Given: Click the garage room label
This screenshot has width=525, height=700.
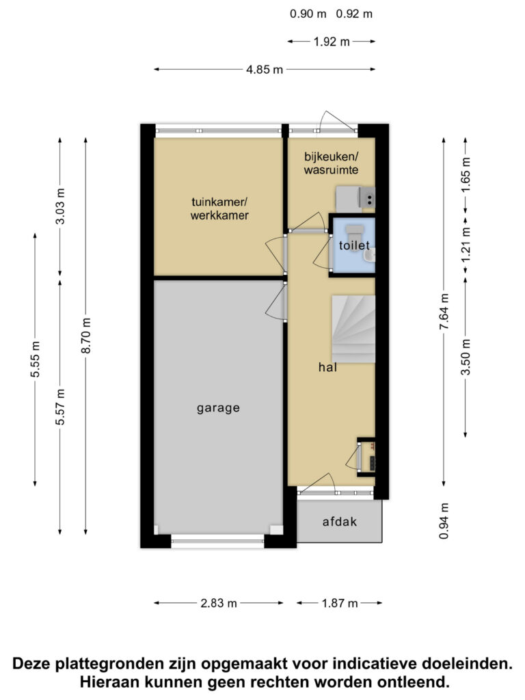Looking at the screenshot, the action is click(218, 408).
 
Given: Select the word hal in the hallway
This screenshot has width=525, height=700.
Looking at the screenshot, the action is click(327, 367).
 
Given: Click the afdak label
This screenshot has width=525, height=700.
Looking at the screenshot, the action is click(340, 522).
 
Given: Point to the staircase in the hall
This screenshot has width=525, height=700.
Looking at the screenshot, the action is click(353, 329).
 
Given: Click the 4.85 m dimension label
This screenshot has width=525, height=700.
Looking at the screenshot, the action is click(265, 70).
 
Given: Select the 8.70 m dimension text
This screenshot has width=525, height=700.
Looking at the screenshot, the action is click(86, 335).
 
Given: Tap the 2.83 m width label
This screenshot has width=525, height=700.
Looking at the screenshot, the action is click(219, 603).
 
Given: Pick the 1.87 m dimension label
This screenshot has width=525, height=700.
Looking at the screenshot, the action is click(340, 603).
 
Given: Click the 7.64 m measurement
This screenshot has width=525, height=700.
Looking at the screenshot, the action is click(444, 312).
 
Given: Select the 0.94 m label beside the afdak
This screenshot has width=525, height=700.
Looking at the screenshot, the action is click(444, 521).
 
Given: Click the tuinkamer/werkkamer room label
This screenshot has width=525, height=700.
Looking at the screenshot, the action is click(219, 208).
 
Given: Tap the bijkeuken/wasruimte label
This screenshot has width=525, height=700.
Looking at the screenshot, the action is click(332, 163).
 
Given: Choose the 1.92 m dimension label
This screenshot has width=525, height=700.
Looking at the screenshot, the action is click(332, 42).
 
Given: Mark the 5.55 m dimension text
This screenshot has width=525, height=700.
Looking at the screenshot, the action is click(36, 359).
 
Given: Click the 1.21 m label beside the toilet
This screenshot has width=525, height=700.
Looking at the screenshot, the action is click(466, 245).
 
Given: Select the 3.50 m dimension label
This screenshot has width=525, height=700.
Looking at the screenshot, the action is click(466, 357).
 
